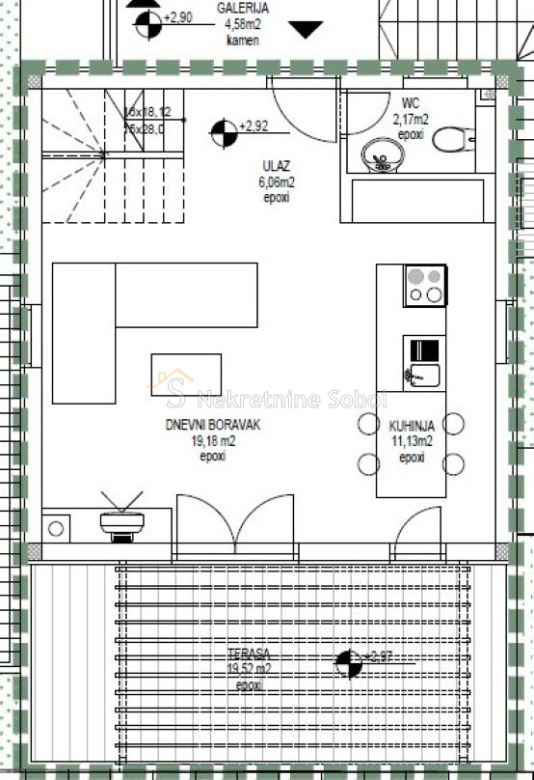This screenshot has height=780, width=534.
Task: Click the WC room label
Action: (x=411, y=105)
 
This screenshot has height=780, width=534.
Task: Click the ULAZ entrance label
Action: (x=276, y=165)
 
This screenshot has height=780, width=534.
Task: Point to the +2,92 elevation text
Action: (x=254, y=125)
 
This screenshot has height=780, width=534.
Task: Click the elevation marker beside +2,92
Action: (x=223, y=132)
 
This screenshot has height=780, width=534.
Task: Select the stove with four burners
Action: (x=425, y=286)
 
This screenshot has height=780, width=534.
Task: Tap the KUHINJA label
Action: (x=412, y=425)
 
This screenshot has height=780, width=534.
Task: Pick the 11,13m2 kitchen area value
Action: (x=412, y=441)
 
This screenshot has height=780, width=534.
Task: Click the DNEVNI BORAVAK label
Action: (x=213, y=425)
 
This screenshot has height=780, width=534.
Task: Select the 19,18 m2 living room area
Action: (x=213, y=440)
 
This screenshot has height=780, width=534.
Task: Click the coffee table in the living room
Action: (x=186, y=375)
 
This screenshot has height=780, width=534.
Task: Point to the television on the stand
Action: (x=122, y=519)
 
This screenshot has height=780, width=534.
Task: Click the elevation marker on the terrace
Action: (x=348, y=663)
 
